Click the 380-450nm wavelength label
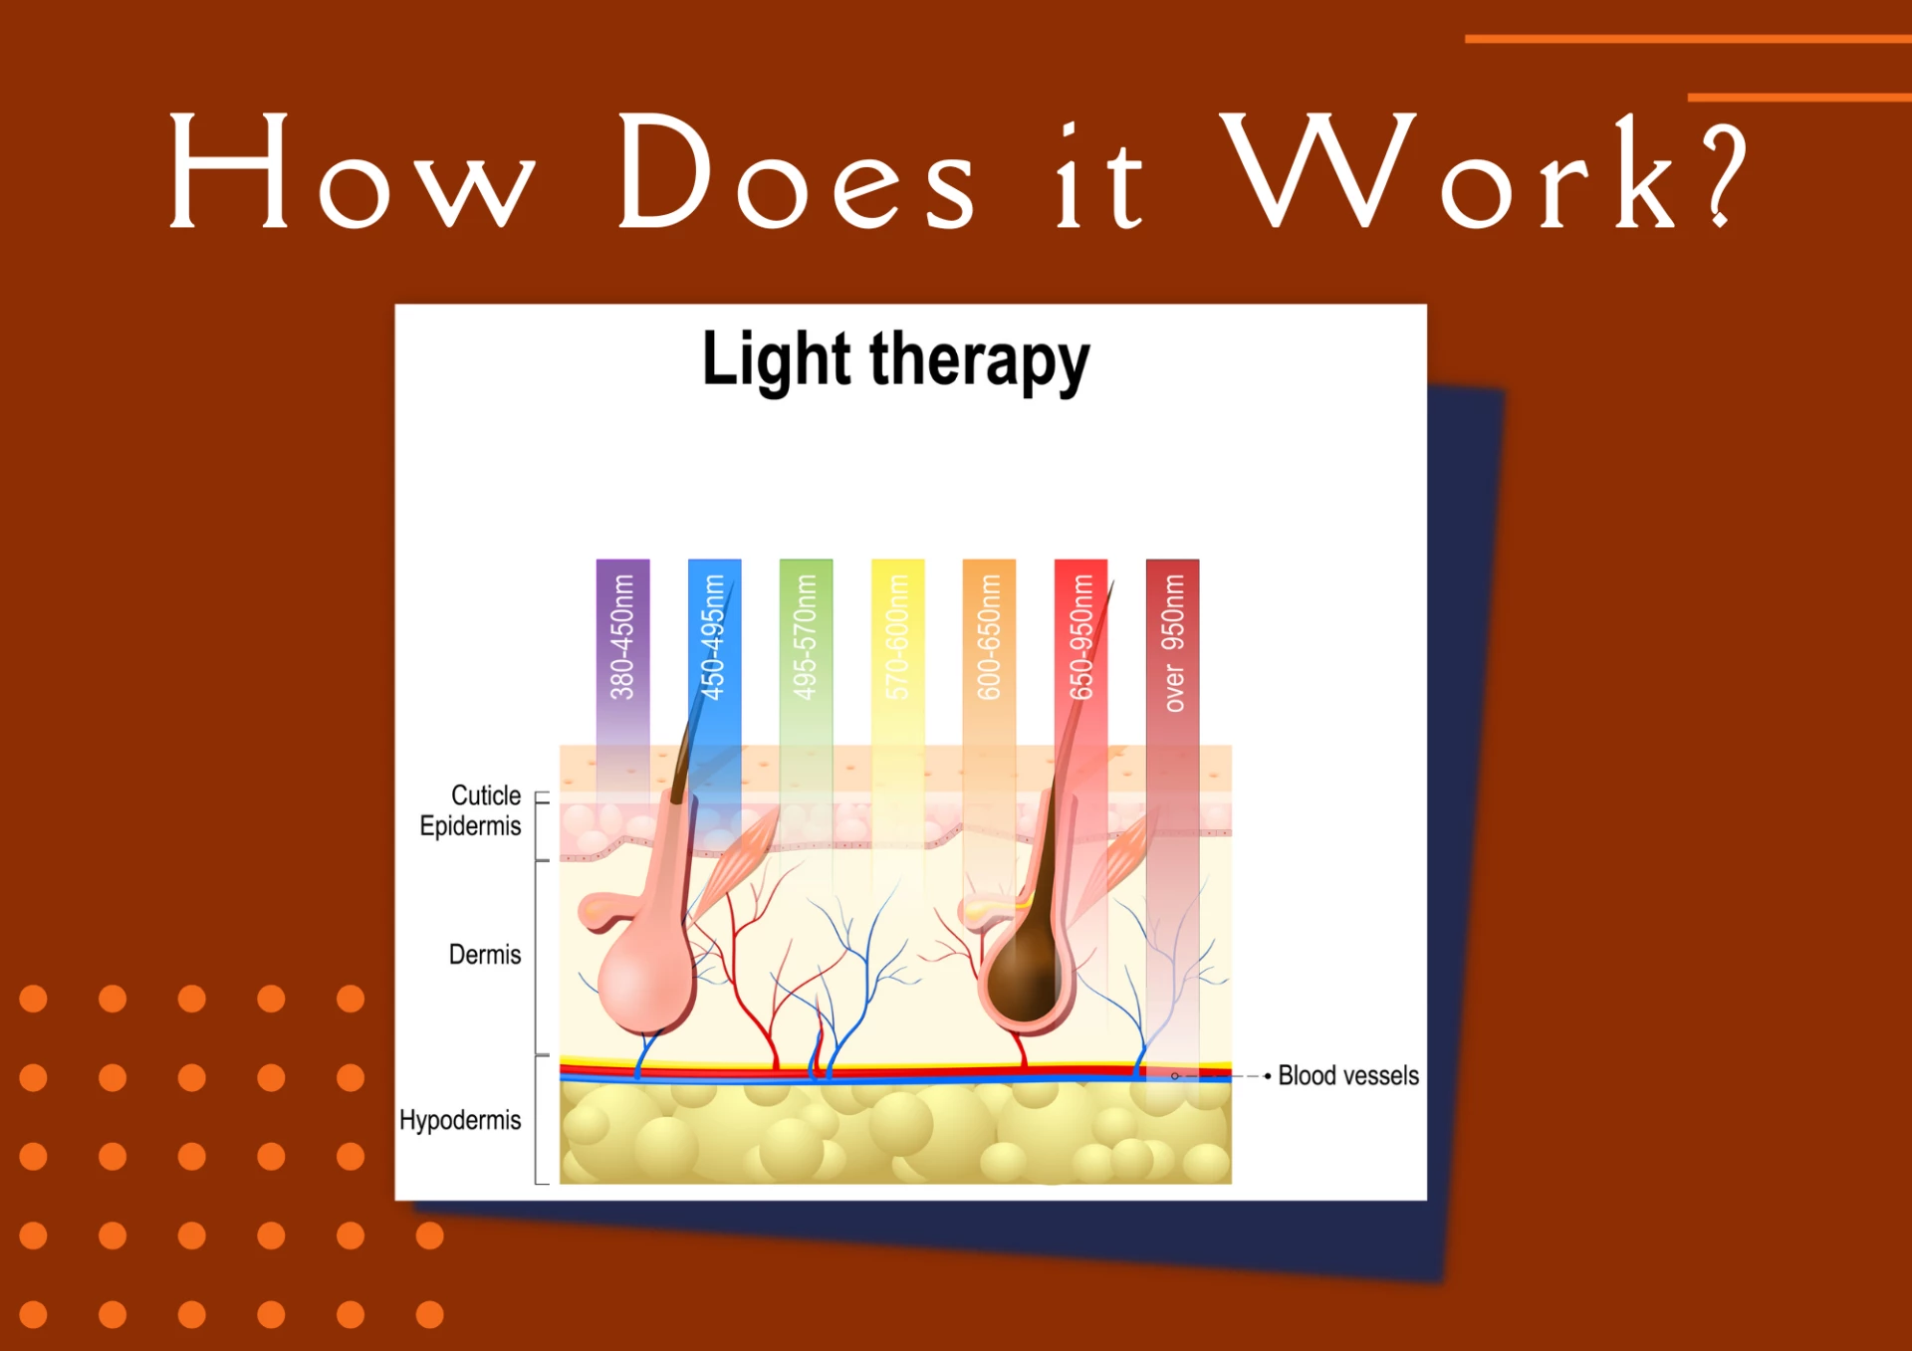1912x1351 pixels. [x=622, y=637]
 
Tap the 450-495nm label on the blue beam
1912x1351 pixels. [x=714, y=637]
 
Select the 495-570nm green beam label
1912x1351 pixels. [x=806, y=637]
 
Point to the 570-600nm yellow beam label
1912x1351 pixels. [x=897, y=637]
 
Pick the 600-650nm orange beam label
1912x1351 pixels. [x=989, y=637]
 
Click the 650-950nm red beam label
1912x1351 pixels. [x=1080, y=637]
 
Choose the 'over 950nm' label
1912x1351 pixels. [x=1173, y=643]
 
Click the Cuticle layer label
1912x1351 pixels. [x=486, y=795]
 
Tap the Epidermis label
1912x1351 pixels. [x=470, y=826]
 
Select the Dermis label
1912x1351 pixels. [x=485, y=955]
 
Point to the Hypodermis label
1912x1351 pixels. [x=460, y=1121]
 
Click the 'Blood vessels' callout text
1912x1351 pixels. [x=1348, y=1076]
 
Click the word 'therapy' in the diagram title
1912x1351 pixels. [x=980, y=362]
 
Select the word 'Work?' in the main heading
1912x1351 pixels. [x=1484, y=171]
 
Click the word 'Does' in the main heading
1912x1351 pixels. [x=796, y=171]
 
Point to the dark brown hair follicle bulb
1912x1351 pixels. [x=1026, y=976]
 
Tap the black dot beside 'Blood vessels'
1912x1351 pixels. [x=1267, y=1076]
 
